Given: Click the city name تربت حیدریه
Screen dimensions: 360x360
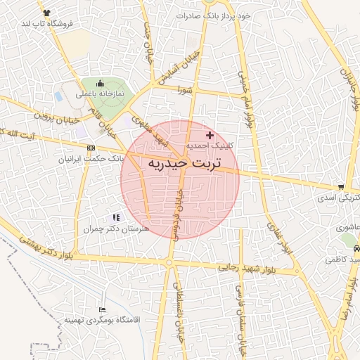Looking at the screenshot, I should pyautogui.click(x=184, y=163).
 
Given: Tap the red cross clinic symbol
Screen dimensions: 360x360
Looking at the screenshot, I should pyautogui.click(x=210, y=134).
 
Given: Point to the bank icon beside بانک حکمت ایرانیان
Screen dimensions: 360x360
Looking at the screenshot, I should pyautogui.click(x=91, y=148).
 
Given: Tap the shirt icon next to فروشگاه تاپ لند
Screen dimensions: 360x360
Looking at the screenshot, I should pyautogui.click(x=46, y=13).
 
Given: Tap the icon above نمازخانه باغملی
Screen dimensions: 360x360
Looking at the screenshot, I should pyautogui.click(x=100, y=83).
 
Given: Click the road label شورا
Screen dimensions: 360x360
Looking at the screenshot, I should pyautogui.click(x=185, y=89).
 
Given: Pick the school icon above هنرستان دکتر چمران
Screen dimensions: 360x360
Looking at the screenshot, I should pyautogui.click(x=116, y=218).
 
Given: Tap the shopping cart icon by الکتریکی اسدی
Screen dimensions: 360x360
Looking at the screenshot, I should pyautogui.click(x=341, y=187).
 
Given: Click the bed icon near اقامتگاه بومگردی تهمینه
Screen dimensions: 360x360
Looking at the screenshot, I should pyautogui.click(x=103, y=309).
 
